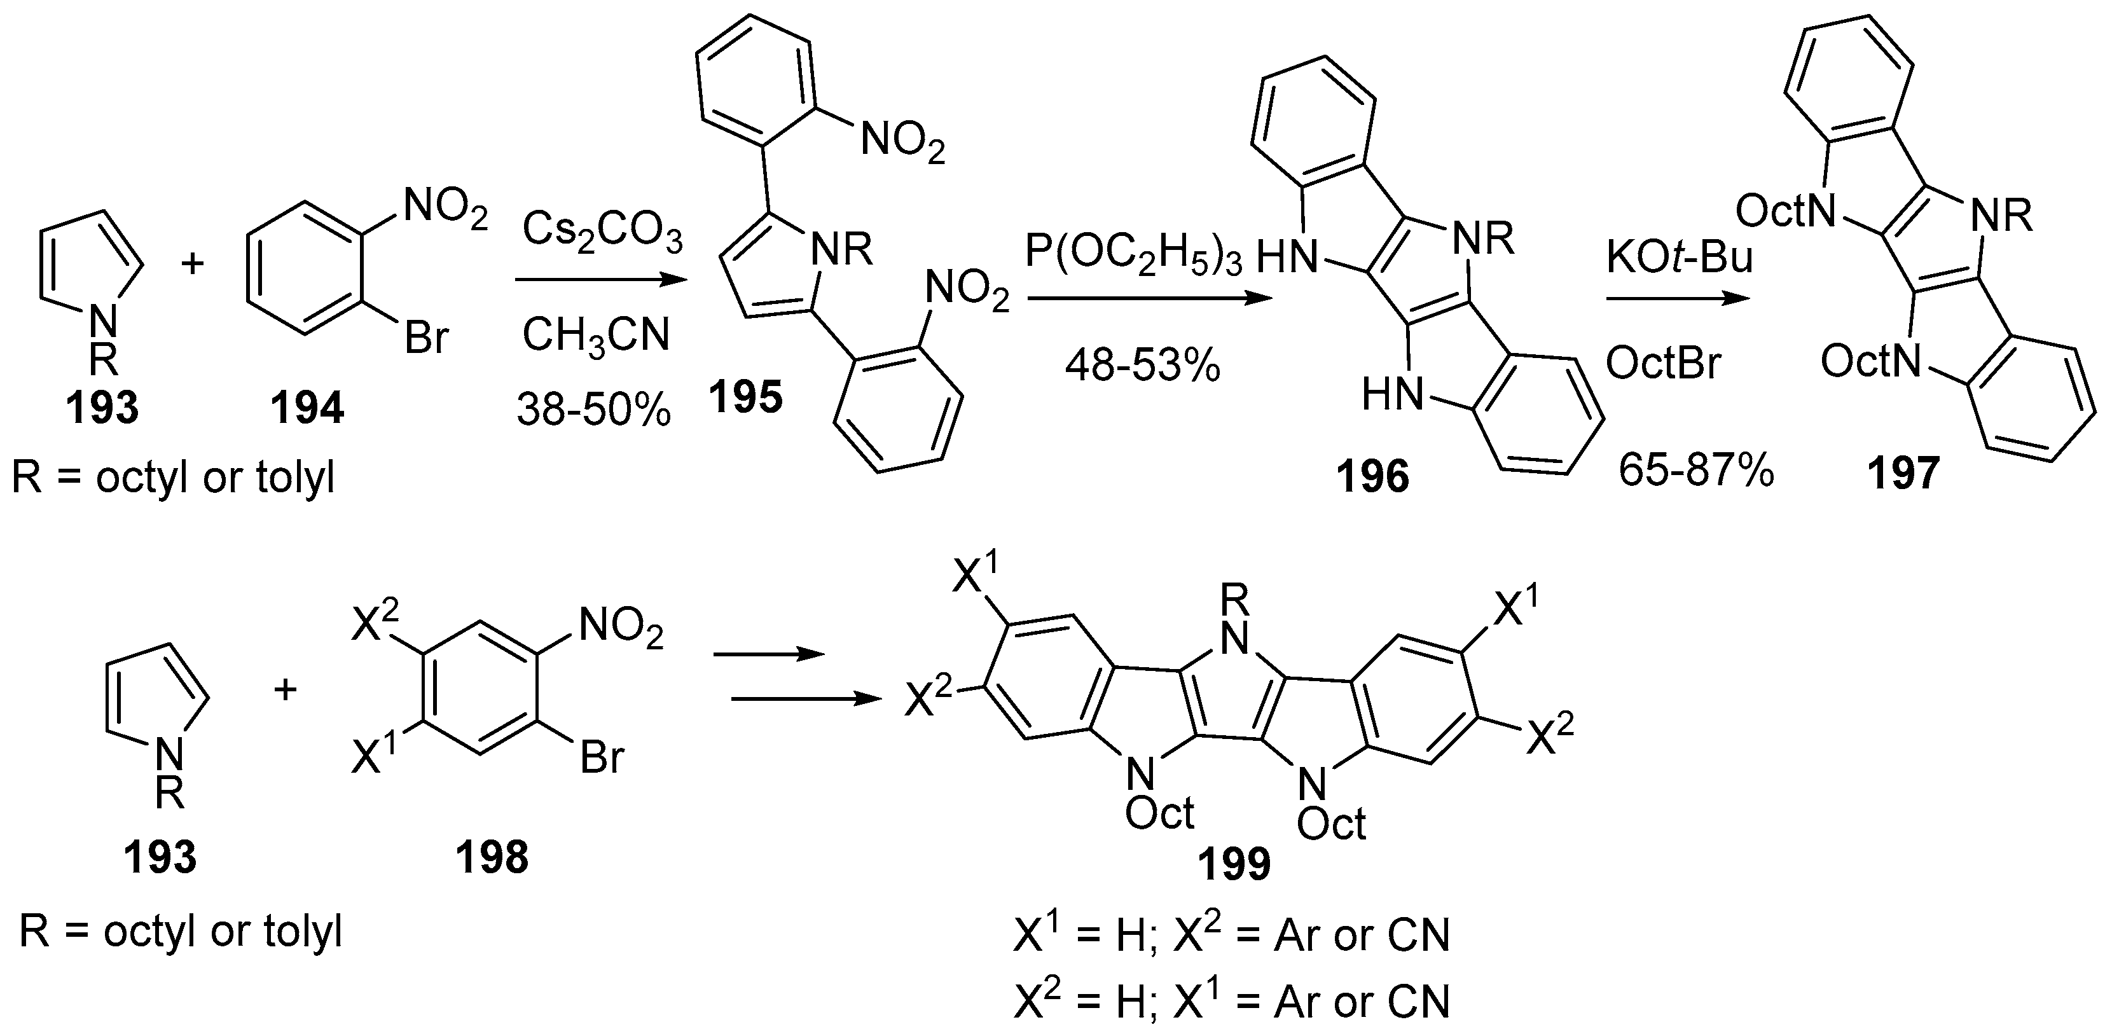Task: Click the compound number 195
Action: point(745,398)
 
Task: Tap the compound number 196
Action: point(1373,476)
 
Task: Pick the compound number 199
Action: point(1235,864)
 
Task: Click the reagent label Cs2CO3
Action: point(602,232)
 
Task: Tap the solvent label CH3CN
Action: point(596,336)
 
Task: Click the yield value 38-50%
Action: point(593,410)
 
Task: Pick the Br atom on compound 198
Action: point(602,757)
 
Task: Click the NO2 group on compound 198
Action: point(620,630)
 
